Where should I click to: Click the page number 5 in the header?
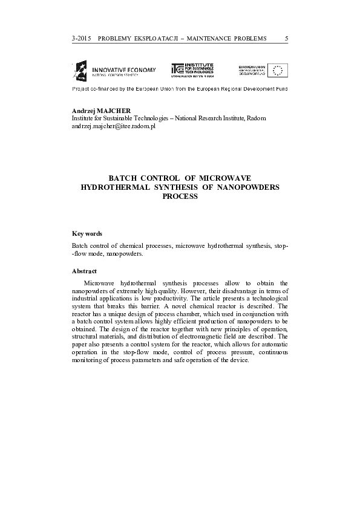click(x=286, y=39)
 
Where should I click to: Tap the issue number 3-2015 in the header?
click(x=80, y=39)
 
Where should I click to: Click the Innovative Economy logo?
click(x=114, y=71)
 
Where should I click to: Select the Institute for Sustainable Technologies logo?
click(x=192, y=71)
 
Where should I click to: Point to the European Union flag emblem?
click(x=279, y=71)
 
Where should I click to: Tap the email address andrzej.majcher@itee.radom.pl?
click(x=114, y=126)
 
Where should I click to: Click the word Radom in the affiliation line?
click(x=256, y=118)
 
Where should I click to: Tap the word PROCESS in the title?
click(x=180, y=196)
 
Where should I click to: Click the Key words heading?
click(x=87, y=233)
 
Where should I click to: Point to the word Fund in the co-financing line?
click(x=281, y=88)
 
